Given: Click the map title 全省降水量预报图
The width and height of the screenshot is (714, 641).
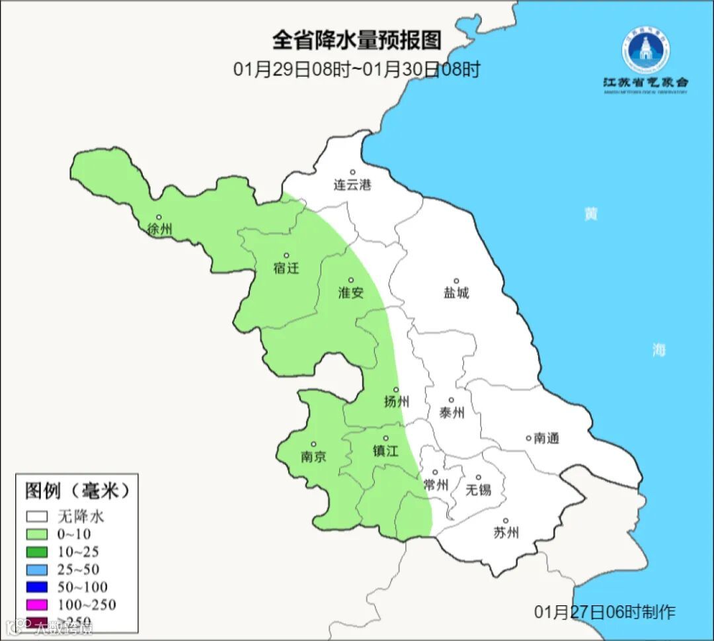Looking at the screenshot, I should (x=356, y=40).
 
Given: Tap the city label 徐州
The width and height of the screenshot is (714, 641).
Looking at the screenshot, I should (x=160, y=230).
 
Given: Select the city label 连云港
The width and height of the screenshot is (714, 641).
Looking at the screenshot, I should (x=352, y=185).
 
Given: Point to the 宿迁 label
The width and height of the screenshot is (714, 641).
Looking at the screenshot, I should (x=286, y=268).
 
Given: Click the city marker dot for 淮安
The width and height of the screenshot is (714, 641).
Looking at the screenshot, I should (x=351, y=280).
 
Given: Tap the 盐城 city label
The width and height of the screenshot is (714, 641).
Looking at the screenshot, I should (x=456, y=292).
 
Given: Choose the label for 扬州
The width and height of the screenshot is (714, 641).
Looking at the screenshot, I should (x=397, y=402).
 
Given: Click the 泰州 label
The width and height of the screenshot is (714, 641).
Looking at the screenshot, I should (x=452, y=413).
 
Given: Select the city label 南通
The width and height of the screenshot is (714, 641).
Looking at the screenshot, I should (x=547, y=438).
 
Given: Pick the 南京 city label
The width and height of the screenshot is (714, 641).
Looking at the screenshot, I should (x=313, y=456).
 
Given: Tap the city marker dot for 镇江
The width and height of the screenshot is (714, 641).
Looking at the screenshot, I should (x=385, y=438).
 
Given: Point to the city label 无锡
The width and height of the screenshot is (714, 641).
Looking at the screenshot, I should (x=479, y=490).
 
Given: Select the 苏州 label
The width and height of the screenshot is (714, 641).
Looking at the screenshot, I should (x=506, y=533).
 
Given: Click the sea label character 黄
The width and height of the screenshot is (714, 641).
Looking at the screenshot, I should (x=590, y=214).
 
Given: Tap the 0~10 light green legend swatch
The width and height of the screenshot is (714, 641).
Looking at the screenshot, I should (x=37, y=534).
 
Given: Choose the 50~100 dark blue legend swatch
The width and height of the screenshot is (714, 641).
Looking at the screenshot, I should (x=37, y=587).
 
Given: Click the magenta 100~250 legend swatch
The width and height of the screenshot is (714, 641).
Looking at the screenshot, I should (x=37, y=604).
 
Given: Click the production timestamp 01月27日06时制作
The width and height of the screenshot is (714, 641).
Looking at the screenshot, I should (x=605, y=611).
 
